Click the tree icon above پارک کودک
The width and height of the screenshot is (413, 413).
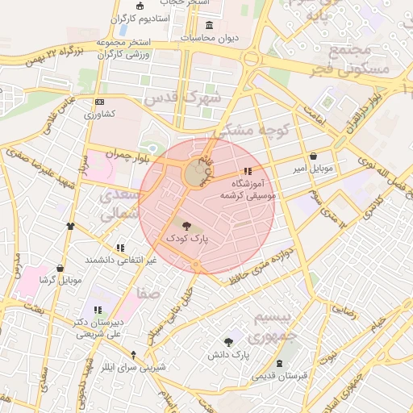tap(187, 227)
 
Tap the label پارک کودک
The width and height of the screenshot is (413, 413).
tap(187, 240)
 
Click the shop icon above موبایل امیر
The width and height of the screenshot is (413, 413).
tap(313, 156)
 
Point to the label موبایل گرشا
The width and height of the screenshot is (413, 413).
tap(61, 280)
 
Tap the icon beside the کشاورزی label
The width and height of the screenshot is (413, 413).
tap(99, 102)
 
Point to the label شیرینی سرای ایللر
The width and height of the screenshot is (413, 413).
tap(135, 367)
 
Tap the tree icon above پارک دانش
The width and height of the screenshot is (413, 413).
tap(228, 342)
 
